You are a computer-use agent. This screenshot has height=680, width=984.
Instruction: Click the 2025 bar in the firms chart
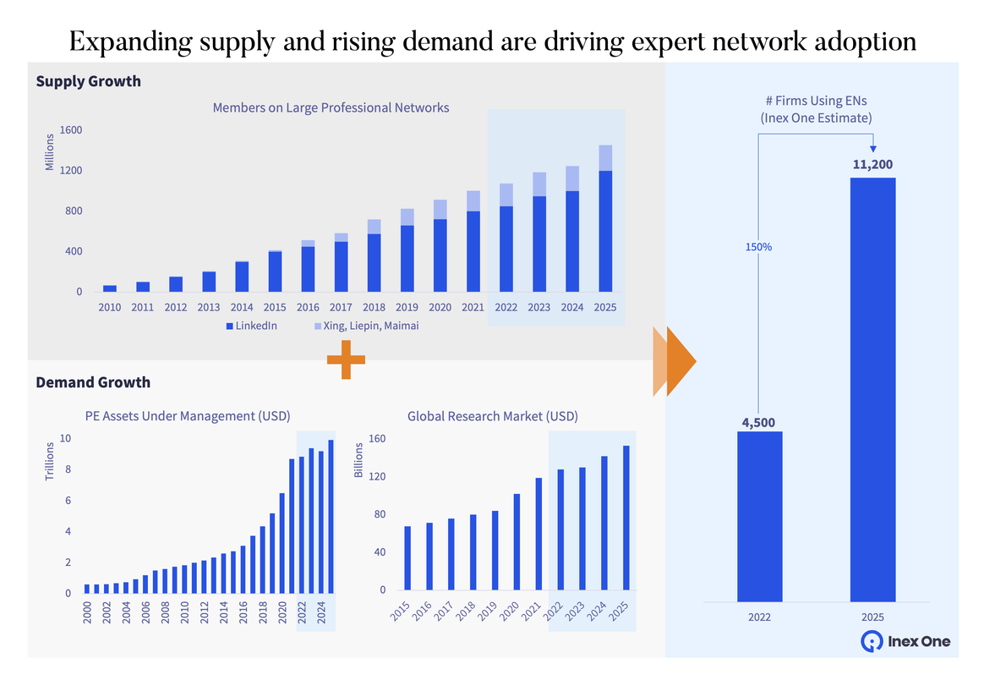(x=872, y=389)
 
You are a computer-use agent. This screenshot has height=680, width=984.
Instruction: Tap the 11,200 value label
(x=872, y=164)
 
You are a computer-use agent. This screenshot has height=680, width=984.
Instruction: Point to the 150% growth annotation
(x=758, y=248)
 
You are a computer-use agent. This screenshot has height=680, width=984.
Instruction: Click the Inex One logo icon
(x=872, y=641)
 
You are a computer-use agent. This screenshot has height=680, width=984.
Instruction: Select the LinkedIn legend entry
(x=251, y=326)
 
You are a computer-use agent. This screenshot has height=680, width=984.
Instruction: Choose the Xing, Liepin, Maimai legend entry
(x=365, y=326)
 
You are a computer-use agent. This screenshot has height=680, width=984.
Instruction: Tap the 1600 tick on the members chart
(x=71, y=130)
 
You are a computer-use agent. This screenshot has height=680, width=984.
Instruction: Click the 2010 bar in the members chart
(x=110, y=288)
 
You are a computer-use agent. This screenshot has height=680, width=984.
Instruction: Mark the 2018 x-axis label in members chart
(x=374, y=309)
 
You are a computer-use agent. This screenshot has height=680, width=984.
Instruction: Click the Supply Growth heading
(x=88, y=82)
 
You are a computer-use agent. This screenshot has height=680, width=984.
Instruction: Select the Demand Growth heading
(x=93, y=382)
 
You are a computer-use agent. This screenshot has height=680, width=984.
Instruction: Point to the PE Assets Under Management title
(x=187, y=416)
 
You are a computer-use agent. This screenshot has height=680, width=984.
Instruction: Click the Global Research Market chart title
(x=492, y=416)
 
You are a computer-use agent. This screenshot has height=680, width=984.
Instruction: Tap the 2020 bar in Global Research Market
(x=517, y=542)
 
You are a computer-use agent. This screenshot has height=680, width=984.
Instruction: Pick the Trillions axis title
(x=49, y=461)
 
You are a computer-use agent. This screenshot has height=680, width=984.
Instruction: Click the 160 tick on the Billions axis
(x=376, y=439)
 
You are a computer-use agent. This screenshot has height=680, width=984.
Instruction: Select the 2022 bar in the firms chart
(x=759, y=517)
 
